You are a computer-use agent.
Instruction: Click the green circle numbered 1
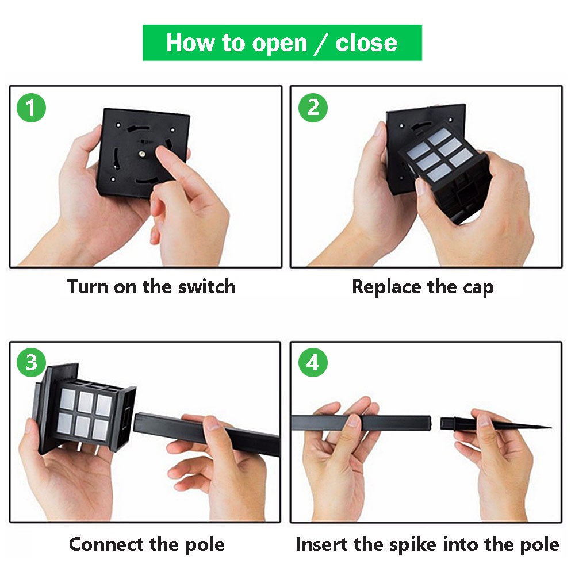point(31,108)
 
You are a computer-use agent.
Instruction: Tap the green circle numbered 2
point(313,108)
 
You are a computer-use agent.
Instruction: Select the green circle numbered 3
point(31,362)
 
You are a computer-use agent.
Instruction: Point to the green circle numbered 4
point(313,363)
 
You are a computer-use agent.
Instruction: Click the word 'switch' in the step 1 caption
point(206,286)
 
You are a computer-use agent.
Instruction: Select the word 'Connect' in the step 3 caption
point(106,544)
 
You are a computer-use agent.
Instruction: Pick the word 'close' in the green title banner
point(366,43)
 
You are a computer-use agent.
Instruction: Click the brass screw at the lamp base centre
point(141,154)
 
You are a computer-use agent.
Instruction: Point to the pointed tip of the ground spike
point(550,427)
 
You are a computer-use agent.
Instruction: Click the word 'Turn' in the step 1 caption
point(88,286)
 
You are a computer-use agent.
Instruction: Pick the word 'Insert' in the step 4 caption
point(321,544)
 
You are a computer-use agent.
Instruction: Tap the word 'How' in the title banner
point(190,43)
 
